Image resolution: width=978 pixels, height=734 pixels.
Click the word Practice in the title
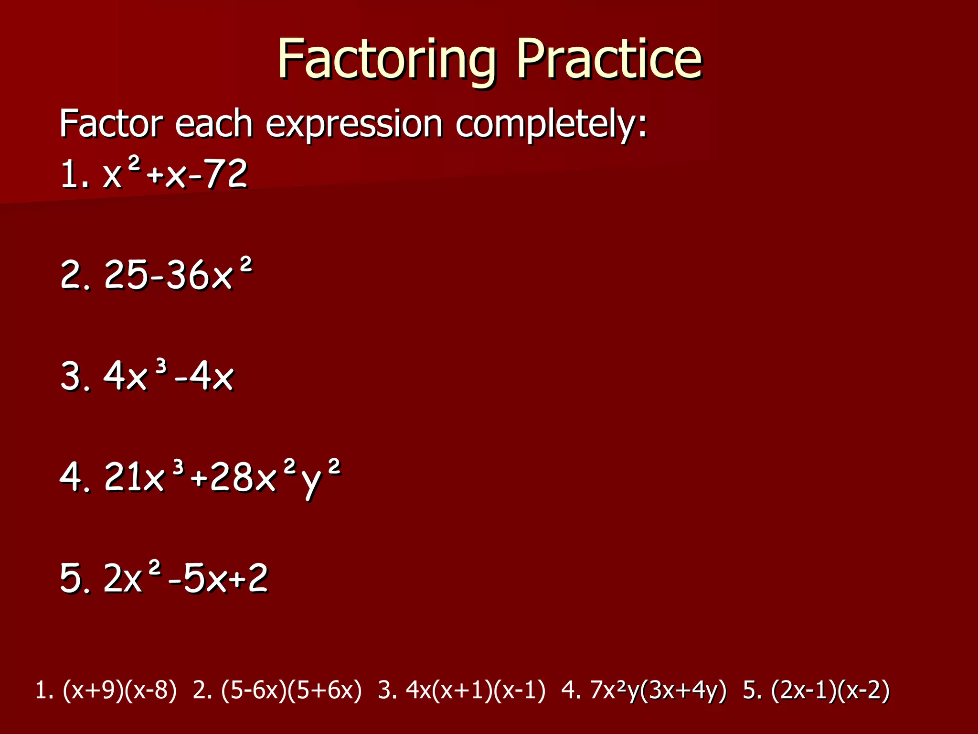(x=609, y=60)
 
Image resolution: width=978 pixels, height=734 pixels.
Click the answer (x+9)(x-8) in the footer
(x=119, y=691)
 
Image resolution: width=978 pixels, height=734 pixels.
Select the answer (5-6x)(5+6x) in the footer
(x=291, y=691)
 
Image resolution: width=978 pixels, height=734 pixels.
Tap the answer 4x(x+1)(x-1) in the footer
(x=475, y=691)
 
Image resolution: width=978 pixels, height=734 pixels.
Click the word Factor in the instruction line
(x=111, y=124)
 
